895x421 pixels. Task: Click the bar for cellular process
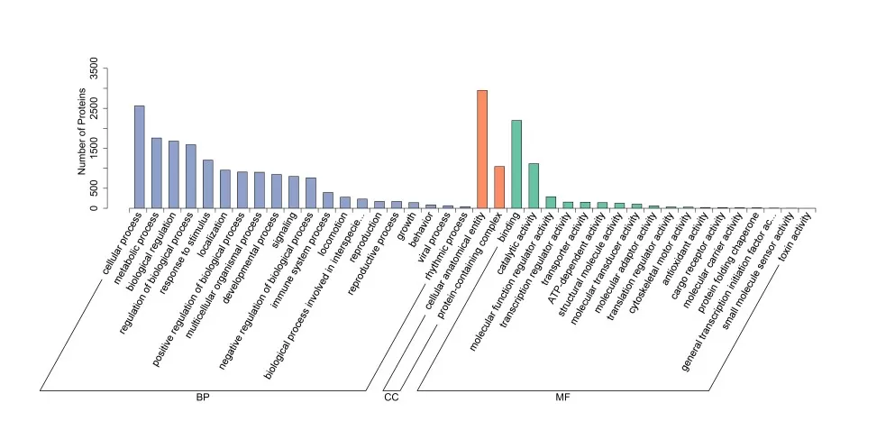(x=139, y=157)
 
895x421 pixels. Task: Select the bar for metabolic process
(x=156, y=173)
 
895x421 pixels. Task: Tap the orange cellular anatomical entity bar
(x=482, y=150)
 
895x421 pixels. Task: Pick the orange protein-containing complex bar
(x=499, y=188)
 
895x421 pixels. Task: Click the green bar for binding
(x=516, y=164)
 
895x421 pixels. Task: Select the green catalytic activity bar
(x=534, y=186)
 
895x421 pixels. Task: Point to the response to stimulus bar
(x=207, y=184)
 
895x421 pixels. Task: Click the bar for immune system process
(x=328, y=200)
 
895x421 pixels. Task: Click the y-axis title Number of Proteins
(x=82, y=132)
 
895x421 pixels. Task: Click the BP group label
(x=203, y=398)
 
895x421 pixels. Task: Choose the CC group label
(x=391, y=398)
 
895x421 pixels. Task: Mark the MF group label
(x=562, y=398)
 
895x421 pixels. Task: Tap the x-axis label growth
(x=406, y=225)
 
